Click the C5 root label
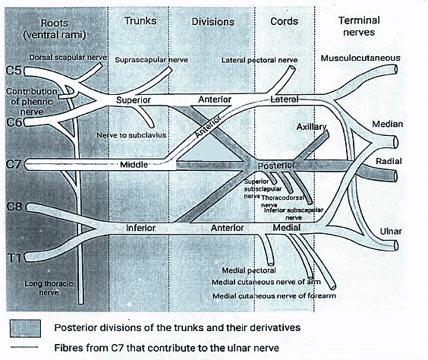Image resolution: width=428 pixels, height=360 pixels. pos(13,72)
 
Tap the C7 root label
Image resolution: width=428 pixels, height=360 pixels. pos(13,164)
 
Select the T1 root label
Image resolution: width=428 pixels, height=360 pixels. pos(13,258)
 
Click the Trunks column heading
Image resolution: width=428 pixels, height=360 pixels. pos(140,21)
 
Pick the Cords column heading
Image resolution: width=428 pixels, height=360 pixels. pos(285,21)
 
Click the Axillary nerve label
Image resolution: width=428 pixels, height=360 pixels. pos(311,127)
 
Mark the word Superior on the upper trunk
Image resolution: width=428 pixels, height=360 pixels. pos(135,100)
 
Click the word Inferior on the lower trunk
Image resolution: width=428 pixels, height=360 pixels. pos(140,227)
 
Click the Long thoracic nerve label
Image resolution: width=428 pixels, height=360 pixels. pos(49,287)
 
